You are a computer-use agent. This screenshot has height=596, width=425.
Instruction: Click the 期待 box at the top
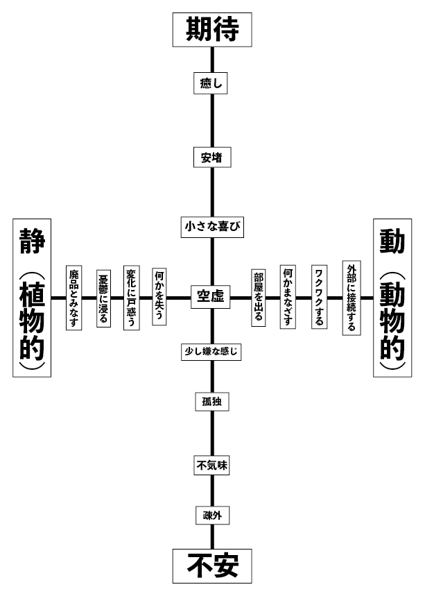212,30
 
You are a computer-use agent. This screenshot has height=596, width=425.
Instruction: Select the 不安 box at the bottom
212,566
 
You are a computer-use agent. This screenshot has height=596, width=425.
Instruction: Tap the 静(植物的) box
32,298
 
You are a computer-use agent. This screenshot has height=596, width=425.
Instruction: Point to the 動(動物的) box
392,298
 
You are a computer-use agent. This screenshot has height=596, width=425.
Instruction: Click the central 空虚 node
211,297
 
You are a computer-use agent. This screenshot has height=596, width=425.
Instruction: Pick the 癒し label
211,83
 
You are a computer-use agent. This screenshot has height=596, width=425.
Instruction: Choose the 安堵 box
211,157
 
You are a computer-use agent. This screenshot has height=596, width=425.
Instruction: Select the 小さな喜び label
211,227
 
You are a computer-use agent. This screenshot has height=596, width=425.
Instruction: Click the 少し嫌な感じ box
211,352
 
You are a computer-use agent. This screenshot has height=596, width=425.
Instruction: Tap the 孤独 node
211,402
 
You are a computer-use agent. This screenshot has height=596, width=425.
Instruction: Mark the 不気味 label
211,466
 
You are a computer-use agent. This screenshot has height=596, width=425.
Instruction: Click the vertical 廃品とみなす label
73,298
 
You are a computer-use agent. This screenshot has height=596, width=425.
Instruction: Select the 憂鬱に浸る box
103,298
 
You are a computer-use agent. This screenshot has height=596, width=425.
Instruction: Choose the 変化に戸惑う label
132,298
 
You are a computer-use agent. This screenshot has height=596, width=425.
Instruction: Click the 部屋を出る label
259,298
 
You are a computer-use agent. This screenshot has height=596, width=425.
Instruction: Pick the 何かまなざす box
288,298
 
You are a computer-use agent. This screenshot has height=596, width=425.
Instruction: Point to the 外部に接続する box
351,298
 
